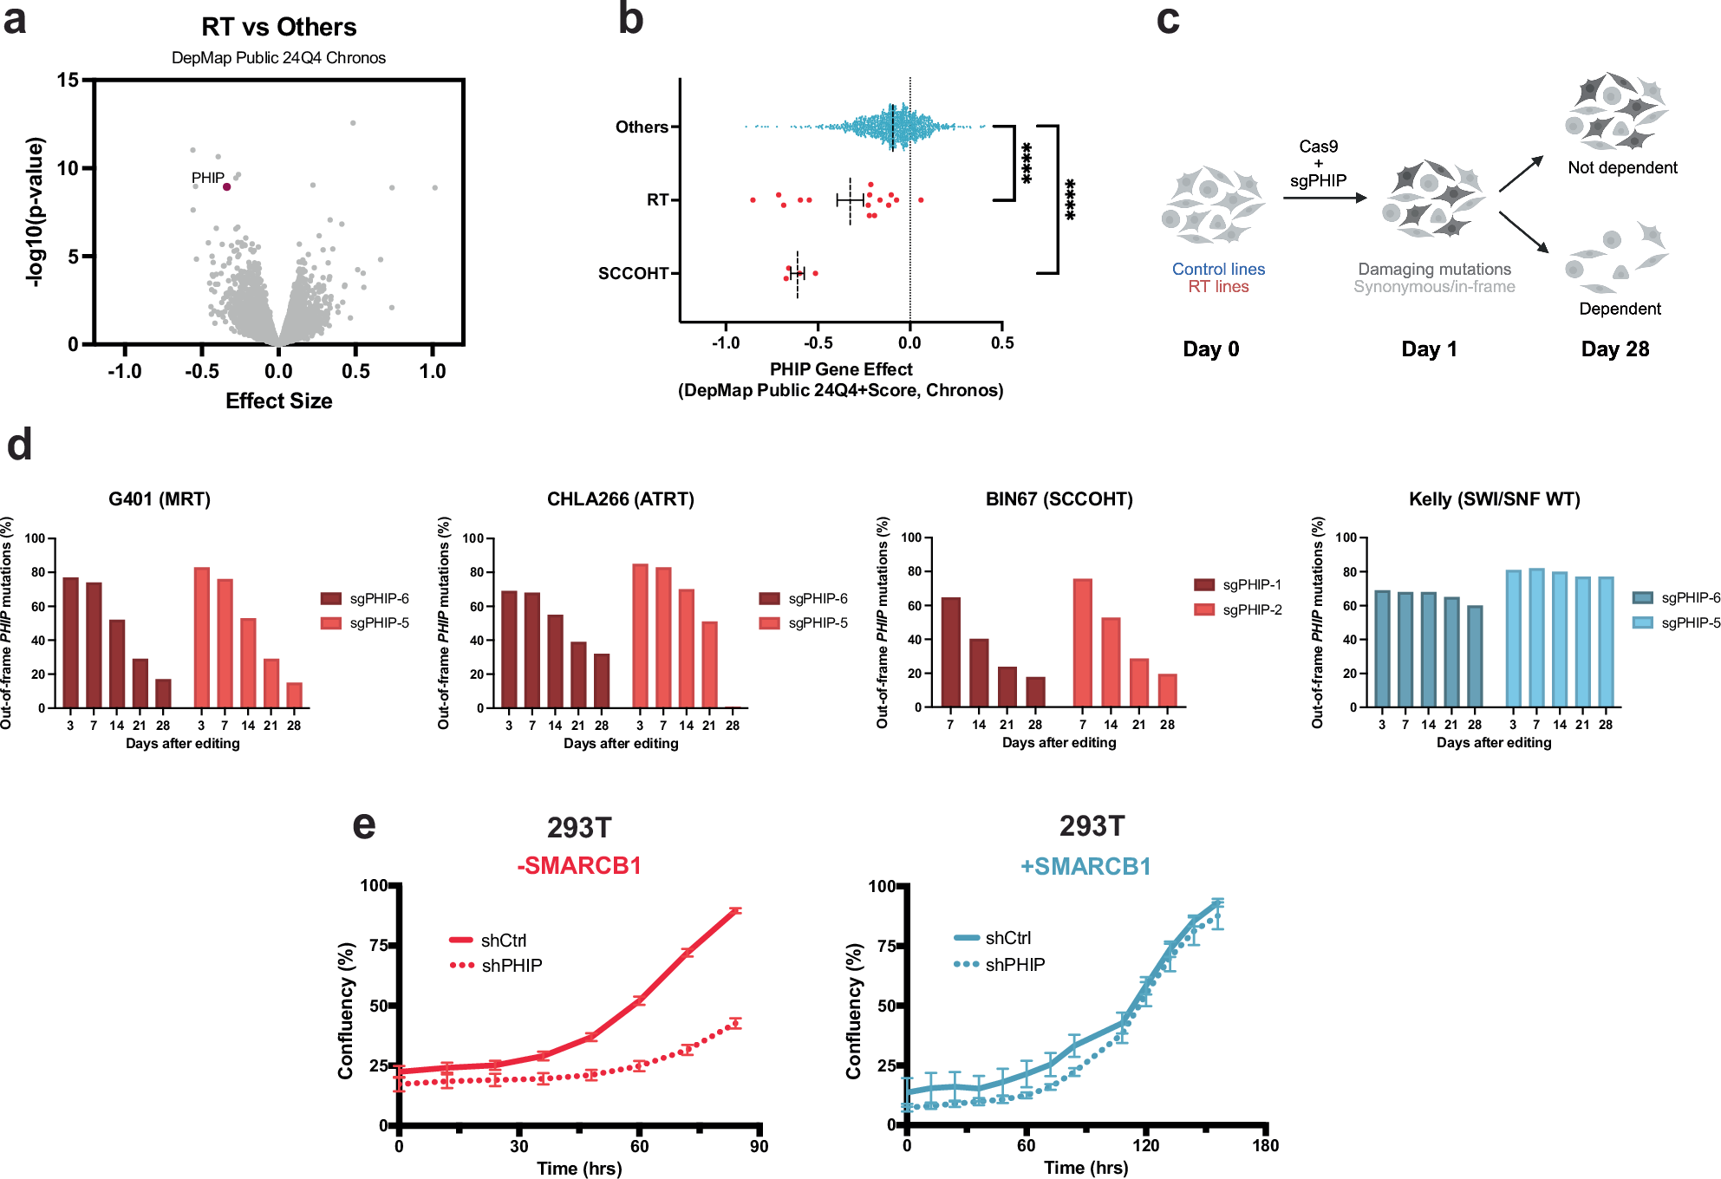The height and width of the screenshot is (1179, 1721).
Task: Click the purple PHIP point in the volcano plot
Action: point(227,186)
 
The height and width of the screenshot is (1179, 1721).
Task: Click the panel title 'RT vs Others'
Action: point(278,27)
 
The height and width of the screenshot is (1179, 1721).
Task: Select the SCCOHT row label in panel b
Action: point(633,273)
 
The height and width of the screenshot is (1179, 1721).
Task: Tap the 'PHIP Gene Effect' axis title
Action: point(841,369)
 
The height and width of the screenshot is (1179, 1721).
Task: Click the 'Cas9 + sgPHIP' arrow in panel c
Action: point(1324,198)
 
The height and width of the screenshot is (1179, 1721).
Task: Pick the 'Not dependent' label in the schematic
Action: point(1622,167)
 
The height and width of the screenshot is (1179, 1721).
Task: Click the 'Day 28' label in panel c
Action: point(1614,348)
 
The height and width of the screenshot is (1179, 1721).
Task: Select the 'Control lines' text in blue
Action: point(1218,269)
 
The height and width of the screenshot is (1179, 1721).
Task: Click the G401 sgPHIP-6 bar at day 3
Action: point(70,642)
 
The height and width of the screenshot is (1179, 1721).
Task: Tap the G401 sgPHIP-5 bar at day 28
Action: point(294,695)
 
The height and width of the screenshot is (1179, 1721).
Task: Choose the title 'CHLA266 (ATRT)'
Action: point(620,499)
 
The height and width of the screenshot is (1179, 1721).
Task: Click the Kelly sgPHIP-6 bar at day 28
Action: point(1475,656)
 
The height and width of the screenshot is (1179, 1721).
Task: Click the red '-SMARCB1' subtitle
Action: point(579,865)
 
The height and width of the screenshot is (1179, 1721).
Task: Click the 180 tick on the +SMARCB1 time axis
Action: point(1265,1145)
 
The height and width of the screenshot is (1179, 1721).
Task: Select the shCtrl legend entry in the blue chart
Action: point(993,938)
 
